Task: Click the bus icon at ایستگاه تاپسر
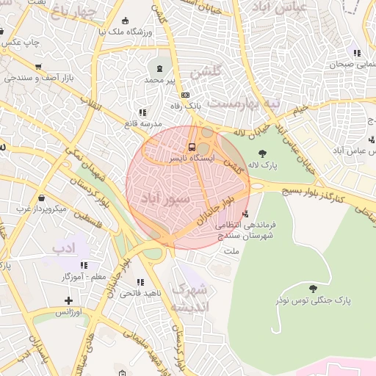(x=192, y=146)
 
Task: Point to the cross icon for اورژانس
(x=68, y=300)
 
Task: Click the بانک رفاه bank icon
(x=185, y=95)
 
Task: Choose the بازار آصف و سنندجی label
(x=37, y=76)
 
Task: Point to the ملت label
(x=231, y=252)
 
